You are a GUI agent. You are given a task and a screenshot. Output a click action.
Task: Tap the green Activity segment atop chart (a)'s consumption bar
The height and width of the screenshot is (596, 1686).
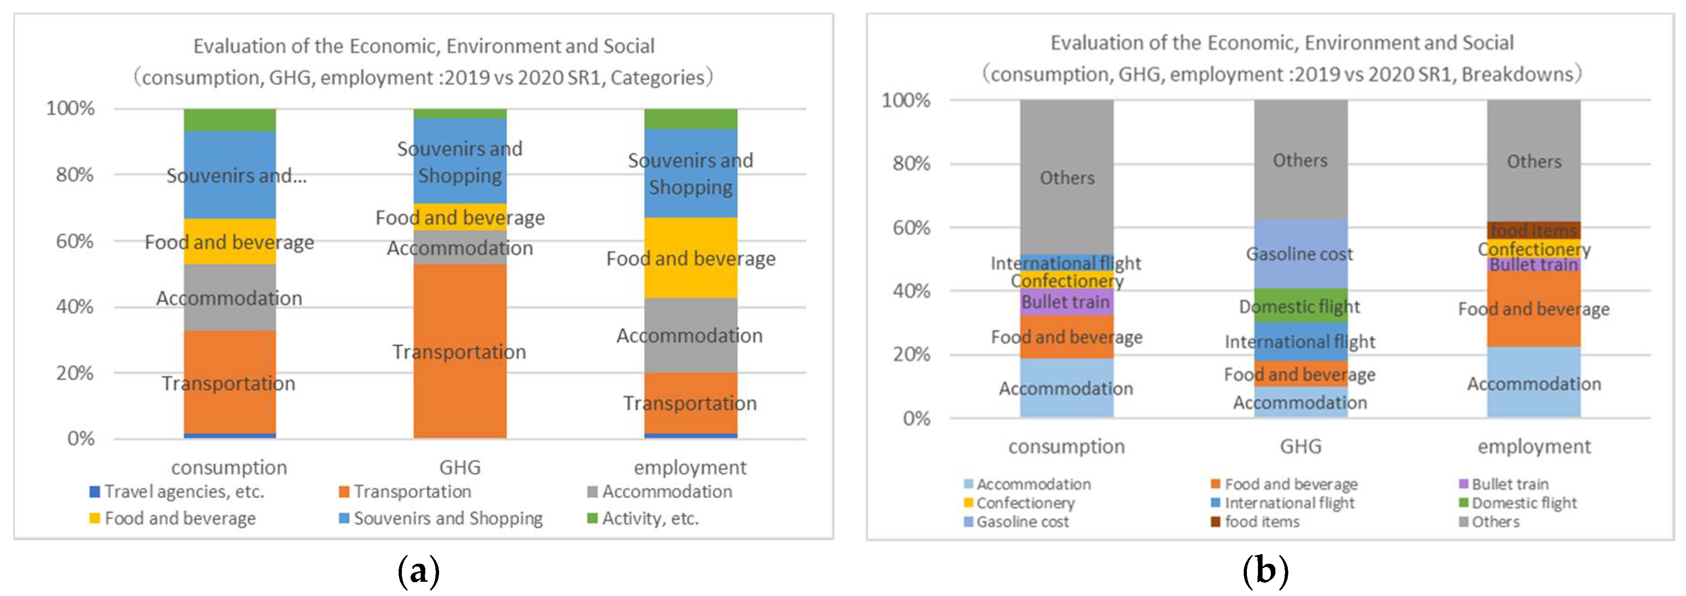[230, 120]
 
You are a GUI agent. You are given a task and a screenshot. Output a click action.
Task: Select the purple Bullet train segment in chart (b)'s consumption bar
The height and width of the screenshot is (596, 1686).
[1066, 302]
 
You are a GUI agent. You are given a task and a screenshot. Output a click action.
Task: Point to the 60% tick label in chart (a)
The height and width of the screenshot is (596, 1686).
[74, 241]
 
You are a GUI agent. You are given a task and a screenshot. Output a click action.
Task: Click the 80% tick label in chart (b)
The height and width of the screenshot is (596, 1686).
[911, 163]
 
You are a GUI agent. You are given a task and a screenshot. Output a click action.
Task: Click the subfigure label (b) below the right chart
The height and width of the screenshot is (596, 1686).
[1264, 571]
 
